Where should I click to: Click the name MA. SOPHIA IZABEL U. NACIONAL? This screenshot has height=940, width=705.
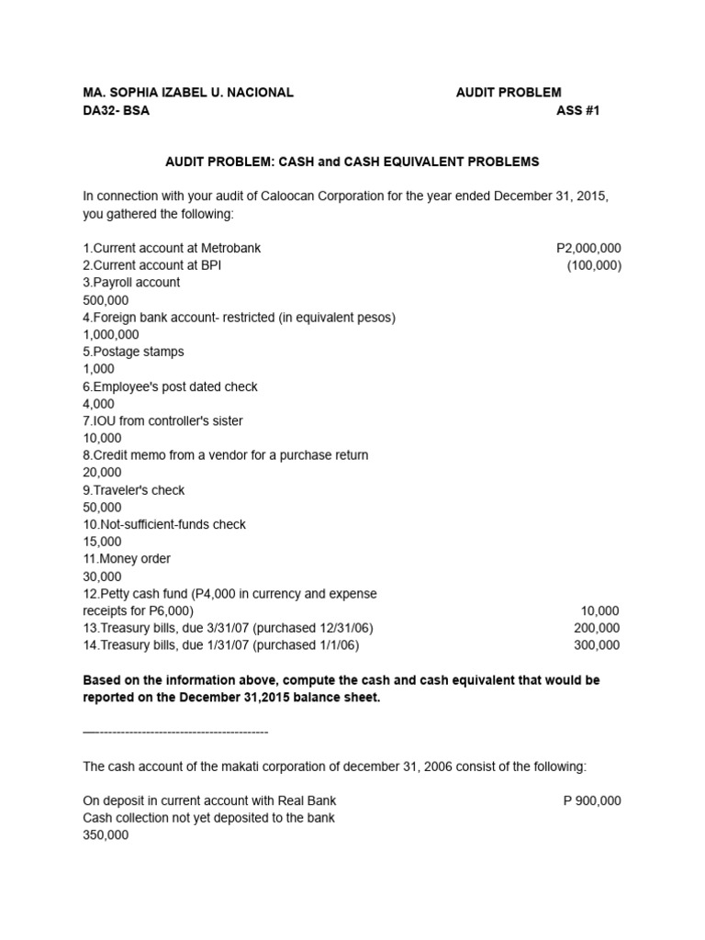188,93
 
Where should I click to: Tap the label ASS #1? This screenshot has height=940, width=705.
578,110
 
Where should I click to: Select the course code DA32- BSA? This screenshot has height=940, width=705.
116,110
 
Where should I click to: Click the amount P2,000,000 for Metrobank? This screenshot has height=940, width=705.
588,249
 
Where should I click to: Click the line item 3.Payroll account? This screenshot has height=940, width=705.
131,283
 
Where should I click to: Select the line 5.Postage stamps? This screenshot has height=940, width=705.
133,352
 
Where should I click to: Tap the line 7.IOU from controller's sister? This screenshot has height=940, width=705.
162,420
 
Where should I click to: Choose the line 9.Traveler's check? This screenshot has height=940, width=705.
134,490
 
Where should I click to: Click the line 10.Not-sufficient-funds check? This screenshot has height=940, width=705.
164,524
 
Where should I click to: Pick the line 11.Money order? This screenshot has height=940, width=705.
127,559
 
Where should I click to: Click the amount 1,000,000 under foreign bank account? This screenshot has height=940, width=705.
111,335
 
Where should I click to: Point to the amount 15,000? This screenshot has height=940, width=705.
102,542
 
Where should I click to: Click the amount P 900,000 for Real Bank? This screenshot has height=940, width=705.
592,800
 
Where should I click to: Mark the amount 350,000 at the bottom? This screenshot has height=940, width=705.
106,835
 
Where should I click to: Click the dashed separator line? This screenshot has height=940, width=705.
174,733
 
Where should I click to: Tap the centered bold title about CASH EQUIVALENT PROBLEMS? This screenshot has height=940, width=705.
352,162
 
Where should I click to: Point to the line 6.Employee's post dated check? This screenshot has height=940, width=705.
170,386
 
